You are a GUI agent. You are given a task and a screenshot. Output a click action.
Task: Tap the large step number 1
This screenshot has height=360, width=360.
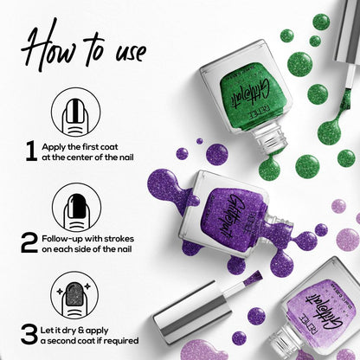[31, 151]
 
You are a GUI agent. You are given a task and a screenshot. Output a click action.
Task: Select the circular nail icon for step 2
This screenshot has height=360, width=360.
[76, 205]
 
